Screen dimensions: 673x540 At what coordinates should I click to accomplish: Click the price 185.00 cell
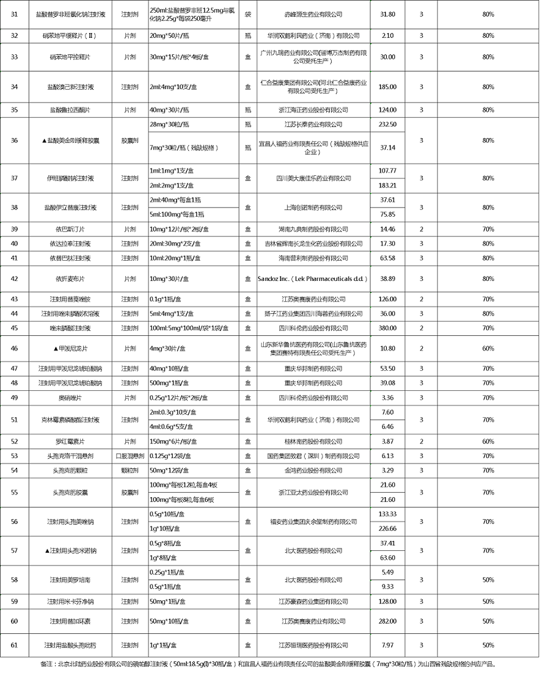[387, 87]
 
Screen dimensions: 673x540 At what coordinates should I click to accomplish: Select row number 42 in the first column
[15, 278]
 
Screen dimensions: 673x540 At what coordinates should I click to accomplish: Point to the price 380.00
[387, 328]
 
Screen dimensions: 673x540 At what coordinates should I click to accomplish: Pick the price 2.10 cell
[387, 36]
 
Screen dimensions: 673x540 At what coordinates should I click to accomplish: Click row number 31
[15, 13]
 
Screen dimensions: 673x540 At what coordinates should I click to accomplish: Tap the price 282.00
[387, 621]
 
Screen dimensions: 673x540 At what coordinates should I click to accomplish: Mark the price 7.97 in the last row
[387, 645]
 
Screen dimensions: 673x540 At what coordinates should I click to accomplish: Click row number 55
[15, 492]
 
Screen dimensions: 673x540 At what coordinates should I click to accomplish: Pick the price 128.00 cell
[387, 601]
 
